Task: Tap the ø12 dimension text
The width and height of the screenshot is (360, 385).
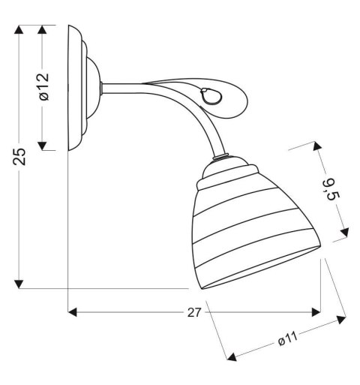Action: click(43, 87)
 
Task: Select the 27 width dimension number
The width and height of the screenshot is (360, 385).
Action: click(193, 314)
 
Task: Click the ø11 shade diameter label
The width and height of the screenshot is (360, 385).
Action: click(288, 340)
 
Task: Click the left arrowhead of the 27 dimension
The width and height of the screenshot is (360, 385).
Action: click(73, 311)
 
